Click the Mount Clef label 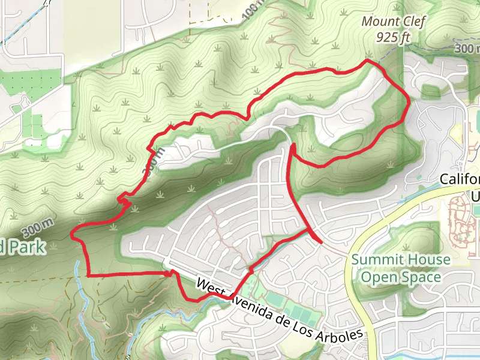393,23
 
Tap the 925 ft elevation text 393,37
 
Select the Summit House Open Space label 400,268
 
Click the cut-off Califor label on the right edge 460,179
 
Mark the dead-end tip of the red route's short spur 321,242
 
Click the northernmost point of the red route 368,61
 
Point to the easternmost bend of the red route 409,103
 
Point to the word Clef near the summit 412,23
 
